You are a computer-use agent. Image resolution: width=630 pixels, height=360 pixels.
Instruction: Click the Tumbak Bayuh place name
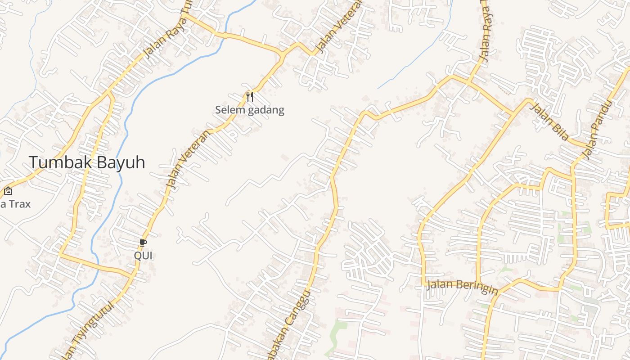[x=87, y=162]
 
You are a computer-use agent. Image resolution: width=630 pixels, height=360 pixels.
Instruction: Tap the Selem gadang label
[x=249, y=110]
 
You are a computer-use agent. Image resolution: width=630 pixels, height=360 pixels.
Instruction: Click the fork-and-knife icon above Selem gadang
[x=250, y=96]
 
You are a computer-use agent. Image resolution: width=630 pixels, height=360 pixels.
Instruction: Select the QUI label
[x=143, y=256]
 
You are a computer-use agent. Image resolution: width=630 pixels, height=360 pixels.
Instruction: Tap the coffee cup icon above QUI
[x=143, y=243]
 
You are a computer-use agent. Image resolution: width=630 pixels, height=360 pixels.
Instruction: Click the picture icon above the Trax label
[x=8, y=191]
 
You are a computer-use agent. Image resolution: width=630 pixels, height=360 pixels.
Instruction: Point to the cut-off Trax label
[x=15, y=204]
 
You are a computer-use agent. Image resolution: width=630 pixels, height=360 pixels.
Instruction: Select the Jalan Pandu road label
[x=597, y=130]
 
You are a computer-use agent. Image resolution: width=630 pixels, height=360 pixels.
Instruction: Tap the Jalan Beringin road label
[x=462, y=287]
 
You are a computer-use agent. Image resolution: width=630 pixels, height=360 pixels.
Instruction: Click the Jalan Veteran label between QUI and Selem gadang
[x=188, y=160]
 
